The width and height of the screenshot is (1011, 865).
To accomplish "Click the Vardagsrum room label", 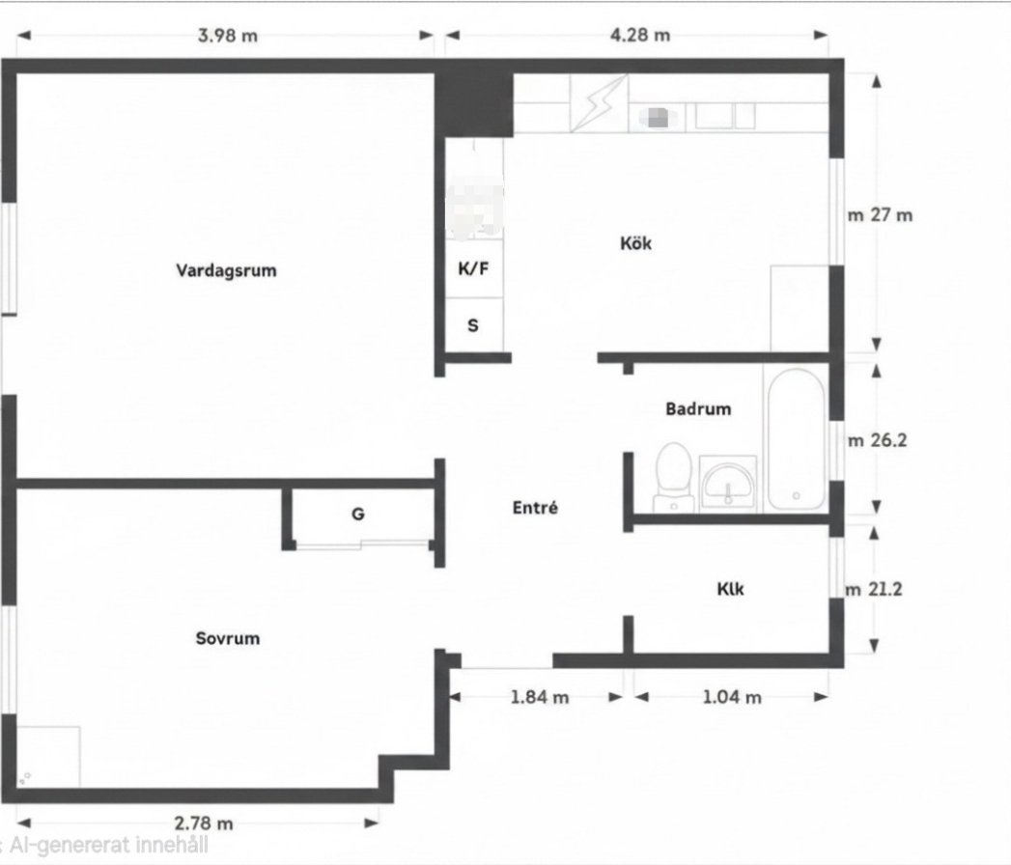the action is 226,270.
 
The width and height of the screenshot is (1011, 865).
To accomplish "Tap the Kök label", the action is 635,243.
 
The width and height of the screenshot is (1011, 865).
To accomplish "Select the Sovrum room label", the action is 228,638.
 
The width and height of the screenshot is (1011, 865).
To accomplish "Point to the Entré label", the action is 535,507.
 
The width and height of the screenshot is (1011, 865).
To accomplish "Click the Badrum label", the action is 698,408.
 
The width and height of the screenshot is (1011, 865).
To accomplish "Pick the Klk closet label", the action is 731,589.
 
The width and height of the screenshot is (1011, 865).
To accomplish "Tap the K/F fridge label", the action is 473,268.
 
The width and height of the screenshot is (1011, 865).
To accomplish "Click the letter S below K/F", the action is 473,325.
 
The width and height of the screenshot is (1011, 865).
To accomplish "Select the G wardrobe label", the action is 358,514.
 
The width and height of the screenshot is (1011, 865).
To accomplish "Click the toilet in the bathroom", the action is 674,477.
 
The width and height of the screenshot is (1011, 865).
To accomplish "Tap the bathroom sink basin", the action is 728,484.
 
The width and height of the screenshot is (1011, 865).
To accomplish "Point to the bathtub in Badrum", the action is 796,439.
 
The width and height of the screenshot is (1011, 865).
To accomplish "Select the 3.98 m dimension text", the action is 228,35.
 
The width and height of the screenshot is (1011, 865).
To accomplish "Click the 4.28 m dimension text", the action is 640,34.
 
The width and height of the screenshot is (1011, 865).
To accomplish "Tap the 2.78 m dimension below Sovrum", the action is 204,823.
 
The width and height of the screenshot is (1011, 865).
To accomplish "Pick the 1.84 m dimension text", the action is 540,697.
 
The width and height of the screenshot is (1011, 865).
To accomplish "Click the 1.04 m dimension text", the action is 732,697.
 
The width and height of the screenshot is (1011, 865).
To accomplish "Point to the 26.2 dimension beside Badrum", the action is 888,440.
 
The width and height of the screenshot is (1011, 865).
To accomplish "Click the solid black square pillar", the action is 474,104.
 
